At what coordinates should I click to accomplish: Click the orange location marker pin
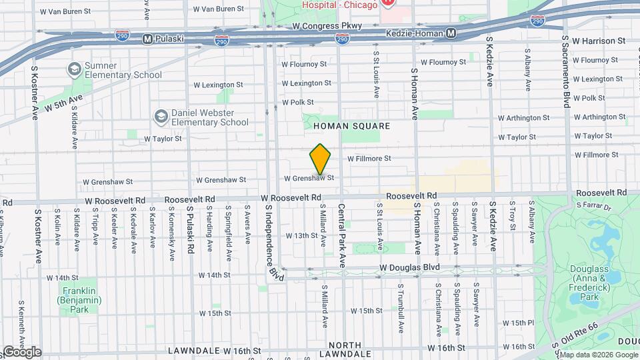click(x=321, y=159)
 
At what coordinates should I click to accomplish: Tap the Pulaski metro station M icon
click(x=147, y=39)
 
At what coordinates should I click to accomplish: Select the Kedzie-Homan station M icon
click(x=451, y=33)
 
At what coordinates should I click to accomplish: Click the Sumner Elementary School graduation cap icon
click(x=74, y=69)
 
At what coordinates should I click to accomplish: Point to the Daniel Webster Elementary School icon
click(x=160, y=117)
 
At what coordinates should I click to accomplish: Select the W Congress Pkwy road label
click(x=327, y=26)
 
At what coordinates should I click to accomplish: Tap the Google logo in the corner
click(x=21, y=351)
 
